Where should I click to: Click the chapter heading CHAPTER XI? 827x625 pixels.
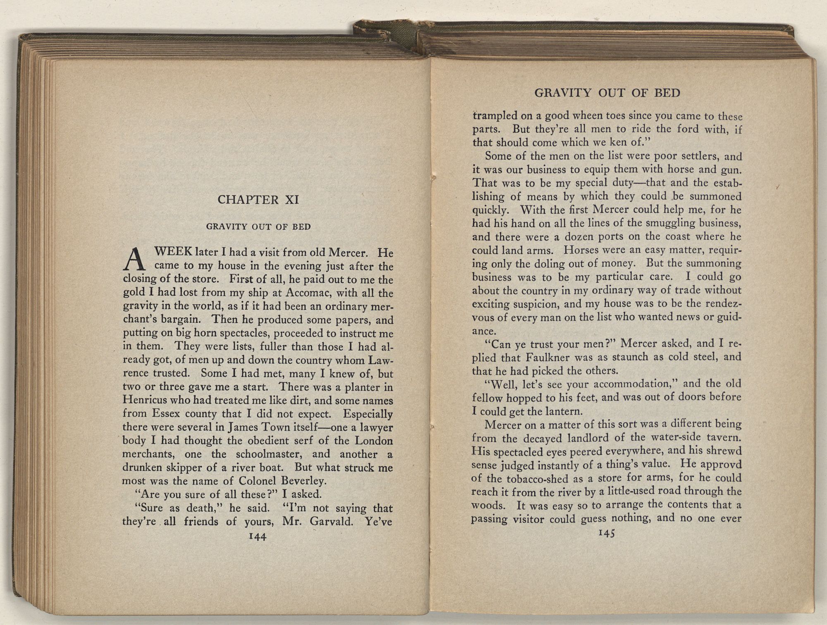point(258,200)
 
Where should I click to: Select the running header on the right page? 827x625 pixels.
point(607,93)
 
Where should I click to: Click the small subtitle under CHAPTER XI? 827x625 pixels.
point(258,227)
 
